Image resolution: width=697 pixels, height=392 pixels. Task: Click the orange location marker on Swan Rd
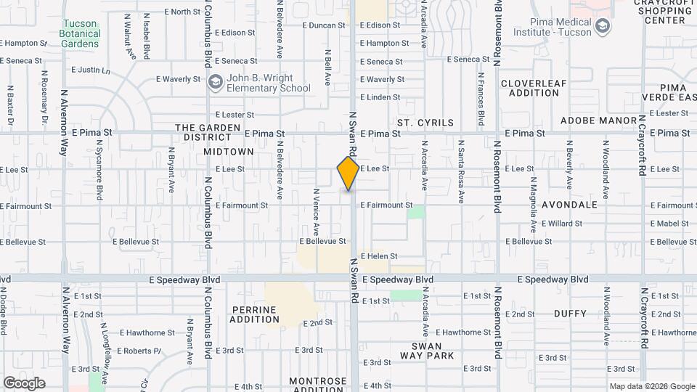[348, 173]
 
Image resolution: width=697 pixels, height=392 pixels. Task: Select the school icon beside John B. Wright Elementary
[215, 83]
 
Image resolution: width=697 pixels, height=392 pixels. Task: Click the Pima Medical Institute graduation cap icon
[601, 26]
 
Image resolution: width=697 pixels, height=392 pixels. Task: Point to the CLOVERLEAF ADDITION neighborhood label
[534, 88]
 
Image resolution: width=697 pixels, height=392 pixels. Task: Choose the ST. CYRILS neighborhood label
[425, 123]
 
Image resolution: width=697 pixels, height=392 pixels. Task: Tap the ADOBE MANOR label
[598, 120]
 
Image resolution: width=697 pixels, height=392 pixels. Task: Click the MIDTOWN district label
[229, 152]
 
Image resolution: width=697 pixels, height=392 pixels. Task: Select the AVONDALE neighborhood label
[569, 205]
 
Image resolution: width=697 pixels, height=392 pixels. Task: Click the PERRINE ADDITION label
[254, 314]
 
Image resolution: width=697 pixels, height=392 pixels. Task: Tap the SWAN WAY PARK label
[427, 351]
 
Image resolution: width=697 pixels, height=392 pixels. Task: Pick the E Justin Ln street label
[91, 70]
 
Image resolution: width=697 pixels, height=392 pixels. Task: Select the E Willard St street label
[561, 224]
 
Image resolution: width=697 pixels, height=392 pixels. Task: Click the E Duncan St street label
[323, 25]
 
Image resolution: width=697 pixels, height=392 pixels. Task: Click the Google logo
[24, 383]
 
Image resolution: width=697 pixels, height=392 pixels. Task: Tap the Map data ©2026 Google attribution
[651, 386]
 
